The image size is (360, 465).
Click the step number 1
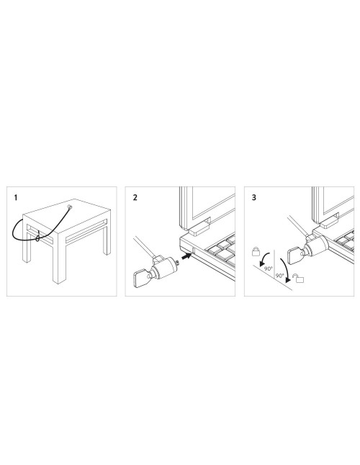click(x=16, y=197)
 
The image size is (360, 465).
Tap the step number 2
click(x=135, y=197)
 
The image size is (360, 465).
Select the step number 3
click(x=254, y=197)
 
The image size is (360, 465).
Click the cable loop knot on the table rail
click(x=37, y=238)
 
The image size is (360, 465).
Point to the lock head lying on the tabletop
click(x=70, y=207)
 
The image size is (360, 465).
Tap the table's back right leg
click(x=107, y=241)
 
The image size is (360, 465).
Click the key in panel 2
click(x=143, y=278)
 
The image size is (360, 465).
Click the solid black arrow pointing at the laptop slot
click(x=186, y=256)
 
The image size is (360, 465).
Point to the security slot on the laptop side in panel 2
click(x=194, y=251)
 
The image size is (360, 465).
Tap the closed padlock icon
click(x=256, y=251)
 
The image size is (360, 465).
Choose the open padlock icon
click(x=299, y=278)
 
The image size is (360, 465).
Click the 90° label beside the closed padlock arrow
click(x=269, y=268)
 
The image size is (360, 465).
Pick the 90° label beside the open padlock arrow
click(x=280, y=276)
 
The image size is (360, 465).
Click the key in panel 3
click(x=296, y=254)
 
